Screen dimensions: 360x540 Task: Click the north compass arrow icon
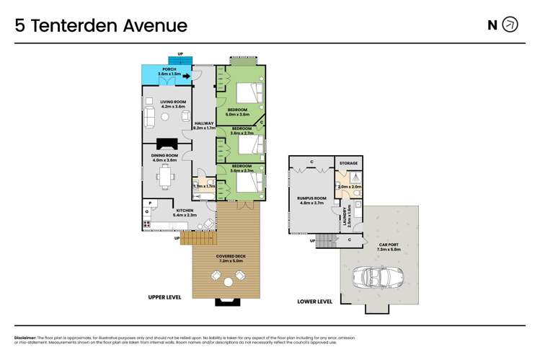click(x=510, y=25)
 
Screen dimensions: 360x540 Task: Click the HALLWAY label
click(x=204, y=123)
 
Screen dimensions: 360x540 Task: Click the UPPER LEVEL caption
click(x=164, y=297)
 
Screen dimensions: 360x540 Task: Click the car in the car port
click(x=376, y=277)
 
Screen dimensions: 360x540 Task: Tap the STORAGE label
click(x=349, y=164)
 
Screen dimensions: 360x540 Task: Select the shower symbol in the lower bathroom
click(x=355, y=177)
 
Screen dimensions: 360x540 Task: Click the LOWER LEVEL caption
click(x=315, y=302)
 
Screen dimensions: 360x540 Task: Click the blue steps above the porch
click(x=180, y=60)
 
